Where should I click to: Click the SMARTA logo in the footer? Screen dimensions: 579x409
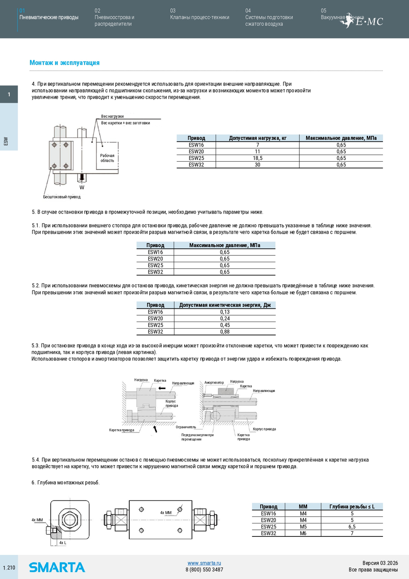57,567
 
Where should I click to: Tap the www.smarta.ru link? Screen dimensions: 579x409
204,563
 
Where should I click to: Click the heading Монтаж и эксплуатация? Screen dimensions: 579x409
65,63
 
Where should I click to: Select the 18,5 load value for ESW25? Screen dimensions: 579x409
258,158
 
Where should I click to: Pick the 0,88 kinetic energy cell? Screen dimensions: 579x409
225,332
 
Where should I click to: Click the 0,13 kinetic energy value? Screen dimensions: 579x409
225,312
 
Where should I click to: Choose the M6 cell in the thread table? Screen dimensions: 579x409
303,533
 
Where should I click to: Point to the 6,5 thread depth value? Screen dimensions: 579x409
352,527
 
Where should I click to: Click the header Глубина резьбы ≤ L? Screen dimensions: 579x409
352,507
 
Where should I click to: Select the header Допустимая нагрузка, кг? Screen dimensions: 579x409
258,138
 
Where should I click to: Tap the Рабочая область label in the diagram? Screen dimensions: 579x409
107,158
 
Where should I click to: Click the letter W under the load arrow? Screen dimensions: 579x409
82,187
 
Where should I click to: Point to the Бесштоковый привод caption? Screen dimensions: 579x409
62,197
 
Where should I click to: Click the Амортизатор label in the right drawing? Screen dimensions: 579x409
214,383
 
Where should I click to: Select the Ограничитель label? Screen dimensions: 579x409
186,427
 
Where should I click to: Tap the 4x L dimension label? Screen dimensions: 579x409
63,543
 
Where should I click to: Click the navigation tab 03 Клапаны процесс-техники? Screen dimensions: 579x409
200,17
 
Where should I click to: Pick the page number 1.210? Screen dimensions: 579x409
9,568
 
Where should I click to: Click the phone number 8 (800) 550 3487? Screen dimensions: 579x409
204,570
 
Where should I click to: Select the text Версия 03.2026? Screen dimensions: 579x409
380,563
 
